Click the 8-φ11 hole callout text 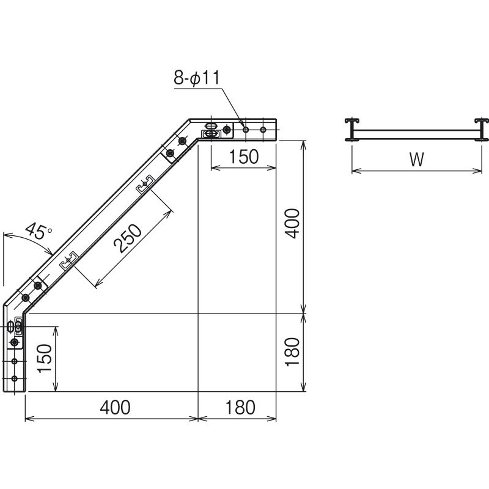pyautogui.click(x=197, y=78)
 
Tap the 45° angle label pyautogui.click(x=39, y=231)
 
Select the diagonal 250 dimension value pyautogui.click(x=128, y=238)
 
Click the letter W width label pyautogui.click(x=416, y=160)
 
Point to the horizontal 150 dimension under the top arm pyautogui.click(x=243, y=156)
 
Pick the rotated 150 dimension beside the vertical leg pyautogui.click(x=44, y=358)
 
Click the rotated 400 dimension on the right pyautogui.click(x=293, y=224)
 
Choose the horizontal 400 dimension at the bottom pyautogui.click(x=115, y=407)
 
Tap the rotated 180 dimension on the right pyautogui.click(x=293, y=352)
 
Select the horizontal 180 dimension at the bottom pyautogui.click(x=240, y=407)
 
